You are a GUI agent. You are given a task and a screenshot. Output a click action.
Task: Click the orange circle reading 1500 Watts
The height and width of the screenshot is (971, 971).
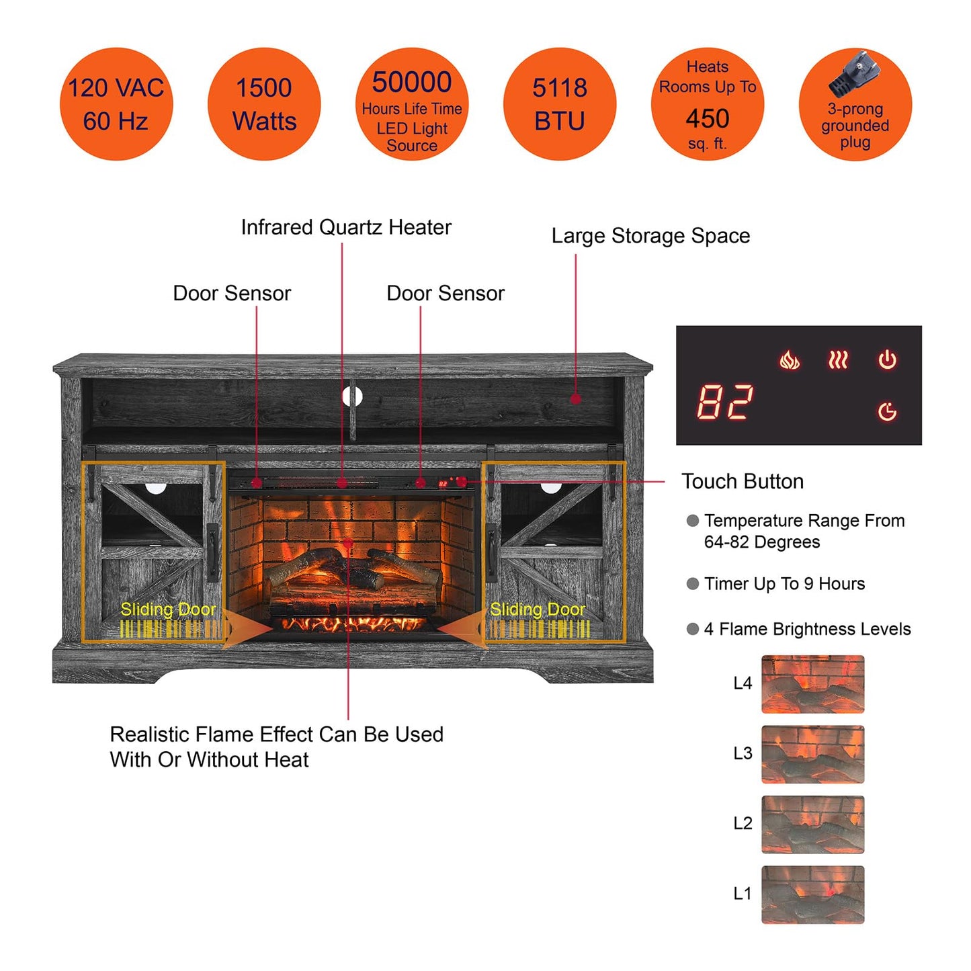(264, 104)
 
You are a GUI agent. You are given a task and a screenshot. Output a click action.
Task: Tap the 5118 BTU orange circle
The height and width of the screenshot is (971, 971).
(559, 104)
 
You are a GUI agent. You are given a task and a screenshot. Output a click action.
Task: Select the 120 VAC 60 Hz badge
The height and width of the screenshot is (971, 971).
(116, 104)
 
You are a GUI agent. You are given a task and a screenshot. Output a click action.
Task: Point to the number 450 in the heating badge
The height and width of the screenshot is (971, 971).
(708, 119)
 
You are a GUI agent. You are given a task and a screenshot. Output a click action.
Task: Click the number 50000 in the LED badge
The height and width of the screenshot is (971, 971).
(411, 82)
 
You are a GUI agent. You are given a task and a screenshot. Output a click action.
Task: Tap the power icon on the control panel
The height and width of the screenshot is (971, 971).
(887, 360)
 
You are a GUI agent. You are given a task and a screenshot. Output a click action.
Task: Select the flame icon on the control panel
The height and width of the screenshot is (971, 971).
(789, 361)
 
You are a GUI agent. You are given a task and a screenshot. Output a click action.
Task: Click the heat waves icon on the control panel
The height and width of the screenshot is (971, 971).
(838, 361)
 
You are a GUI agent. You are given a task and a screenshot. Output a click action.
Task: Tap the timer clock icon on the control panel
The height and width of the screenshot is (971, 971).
(887, 411)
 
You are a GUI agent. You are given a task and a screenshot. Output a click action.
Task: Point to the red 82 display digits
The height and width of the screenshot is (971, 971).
(724, 403)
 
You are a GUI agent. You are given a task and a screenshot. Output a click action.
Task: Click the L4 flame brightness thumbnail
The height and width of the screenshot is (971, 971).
(812, 684)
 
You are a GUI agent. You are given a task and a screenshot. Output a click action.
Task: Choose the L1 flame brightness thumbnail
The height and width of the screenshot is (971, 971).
(812, 894)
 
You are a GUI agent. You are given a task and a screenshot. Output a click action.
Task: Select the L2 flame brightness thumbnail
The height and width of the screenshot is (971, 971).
(812, 825)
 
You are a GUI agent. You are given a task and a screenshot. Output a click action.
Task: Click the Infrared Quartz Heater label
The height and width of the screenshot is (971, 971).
(346, 228)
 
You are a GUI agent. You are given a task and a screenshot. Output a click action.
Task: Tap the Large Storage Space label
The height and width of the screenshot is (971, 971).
(650, 236)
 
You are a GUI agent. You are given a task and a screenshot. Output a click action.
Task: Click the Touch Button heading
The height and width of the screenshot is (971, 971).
(743, 482)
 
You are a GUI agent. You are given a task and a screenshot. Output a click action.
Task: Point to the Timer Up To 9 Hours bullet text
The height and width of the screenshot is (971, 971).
(784, 584)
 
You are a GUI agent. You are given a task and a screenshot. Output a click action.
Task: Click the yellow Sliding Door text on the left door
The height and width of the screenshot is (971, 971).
(168, 609)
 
